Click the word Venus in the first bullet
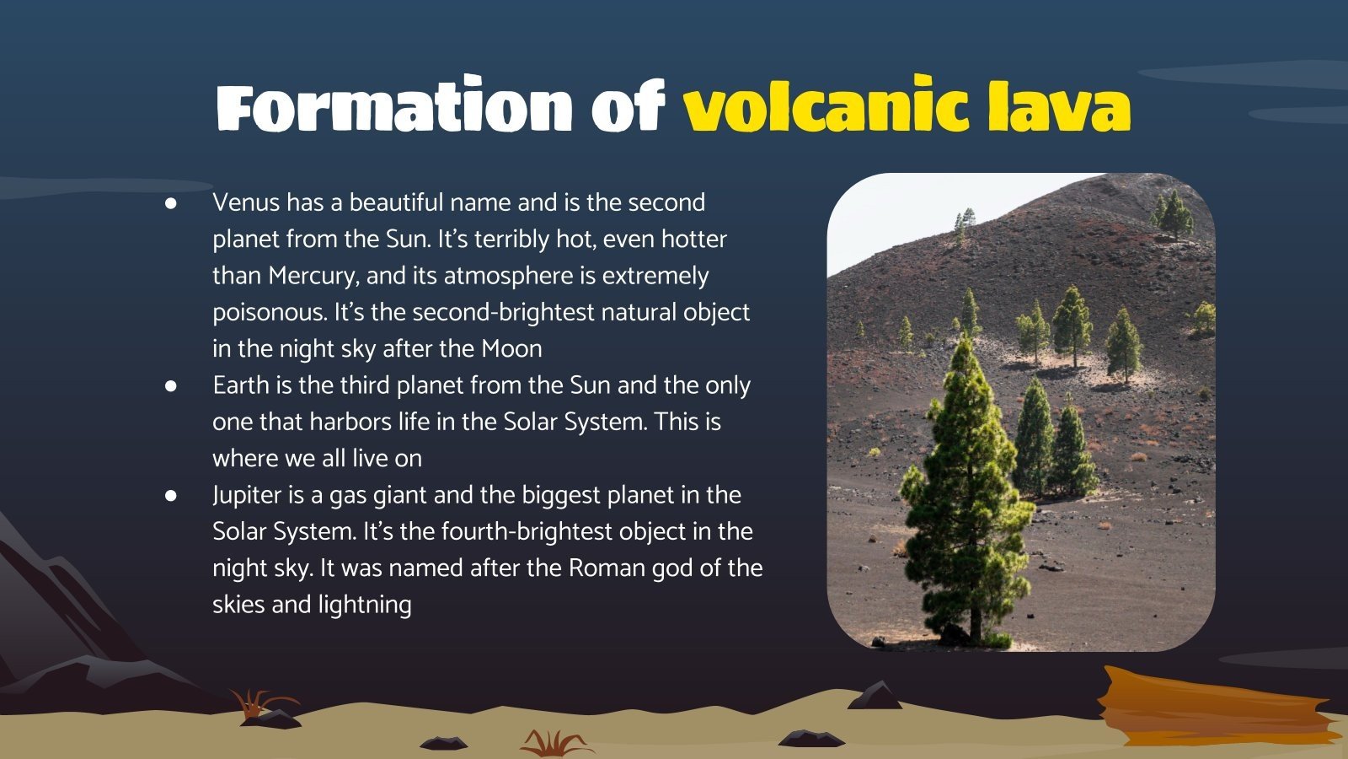[246, 203]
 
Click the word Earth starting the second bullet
[241, 385]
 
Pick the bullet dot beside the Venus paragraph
[171, 203]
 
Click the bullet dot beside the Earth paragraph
[171, 385]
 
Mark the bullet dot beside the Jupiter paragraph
[171, 495]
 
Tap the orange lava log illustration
[1213, 708]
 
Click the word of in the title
[629, 107]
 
